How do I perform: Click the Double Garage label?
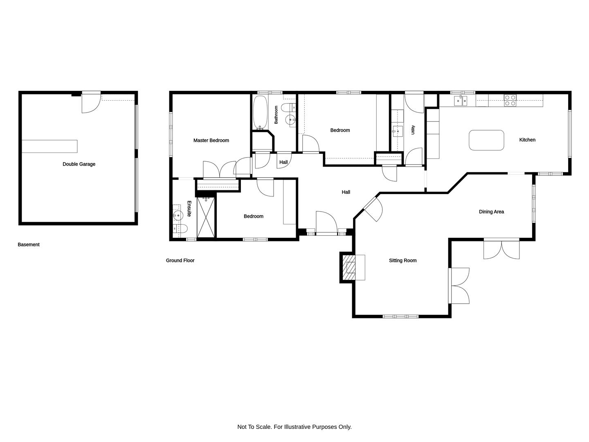point(79,164)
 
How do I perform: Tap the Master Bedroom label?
point(211,140)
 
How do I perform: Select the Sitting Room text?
point(402,260)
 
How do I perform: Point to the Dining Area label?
point(491,212)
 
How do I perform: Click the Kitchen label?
point(527,140)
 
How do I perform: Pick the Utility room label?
point(413,130)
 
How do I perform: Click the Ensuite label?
point(189,209)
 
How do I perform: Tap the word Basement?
point(29,244)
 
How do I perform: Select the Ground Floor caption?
point(180,260)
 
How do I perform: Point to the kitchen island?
point(486,140)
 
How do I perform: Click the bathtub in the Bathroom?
point(260,113)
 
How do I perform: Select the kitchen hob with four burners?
point(510,100)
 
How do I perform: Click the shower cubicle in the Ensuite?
point(206,217)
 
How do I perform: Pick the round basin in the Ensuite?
point(178,215)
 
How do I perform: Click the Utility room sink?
point(398,131)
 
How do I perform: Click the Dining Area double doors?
point(501,250)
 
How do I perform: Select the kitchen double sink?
point(461,101)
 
